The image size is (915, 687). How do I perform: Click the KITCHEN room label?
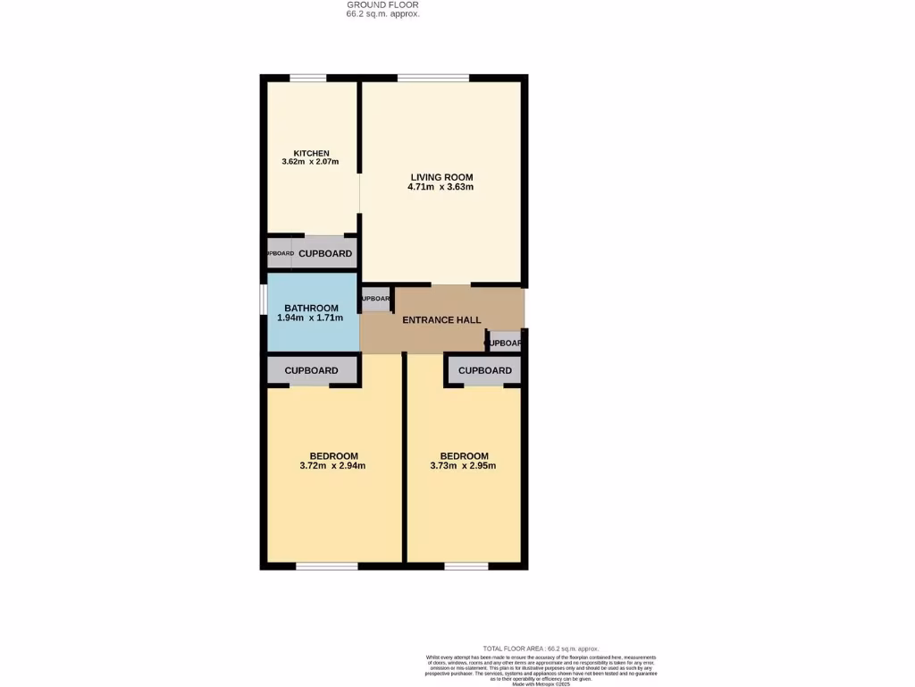312,153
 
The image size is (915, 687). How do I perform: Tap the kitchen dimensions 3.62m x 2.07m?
312,162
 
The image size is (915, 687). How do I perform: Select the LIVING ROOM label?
441,177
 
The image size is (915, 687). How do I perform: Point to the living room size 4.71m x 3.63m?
441,187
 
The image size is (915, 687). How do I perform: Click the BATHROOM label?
311,308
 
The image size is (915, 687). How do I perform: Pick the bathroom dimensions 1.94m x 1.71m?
310,318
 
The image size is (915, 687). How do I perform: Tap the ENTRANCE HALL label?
441,320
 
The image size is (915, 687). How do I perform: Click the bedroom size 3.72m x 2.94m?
332,465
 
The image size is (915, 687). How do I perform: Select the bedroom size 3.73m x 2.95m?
463,465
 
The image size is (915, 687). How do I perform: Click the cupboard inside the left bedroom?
311,370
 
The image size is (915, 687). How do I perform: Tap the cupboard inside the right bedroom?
484,370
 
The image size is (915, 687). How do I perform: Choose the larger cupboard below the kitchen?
324,254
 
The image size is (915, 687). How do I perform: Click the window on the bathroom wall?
264,300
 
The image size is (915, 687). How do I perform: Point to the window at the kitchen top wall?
306,78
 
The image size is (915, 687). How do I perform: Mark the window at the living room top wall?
433,78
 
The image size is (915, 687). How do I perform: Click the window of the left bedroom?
327,565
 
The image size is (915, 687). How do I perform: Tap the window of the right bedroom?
466,565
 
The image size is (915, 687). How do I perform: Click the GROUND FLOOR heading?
382,4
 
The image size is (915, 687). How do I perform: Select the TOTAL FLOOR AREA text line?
541,649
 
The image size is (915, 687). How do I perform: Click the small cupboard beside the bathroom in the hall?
375,299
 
